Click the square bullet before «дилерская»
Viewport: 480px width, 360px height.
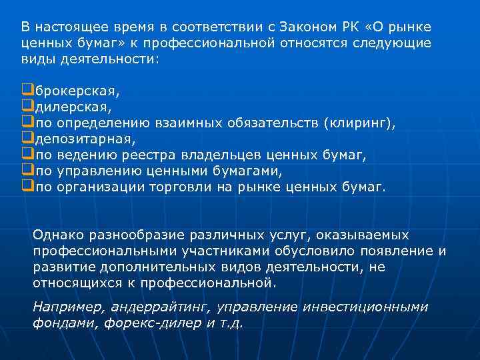pos(27,106)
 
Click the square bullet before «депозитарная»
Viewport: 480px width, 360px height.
pos(27,138)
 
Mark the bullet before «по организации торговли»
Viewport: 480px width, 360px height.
pos(27,187)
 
